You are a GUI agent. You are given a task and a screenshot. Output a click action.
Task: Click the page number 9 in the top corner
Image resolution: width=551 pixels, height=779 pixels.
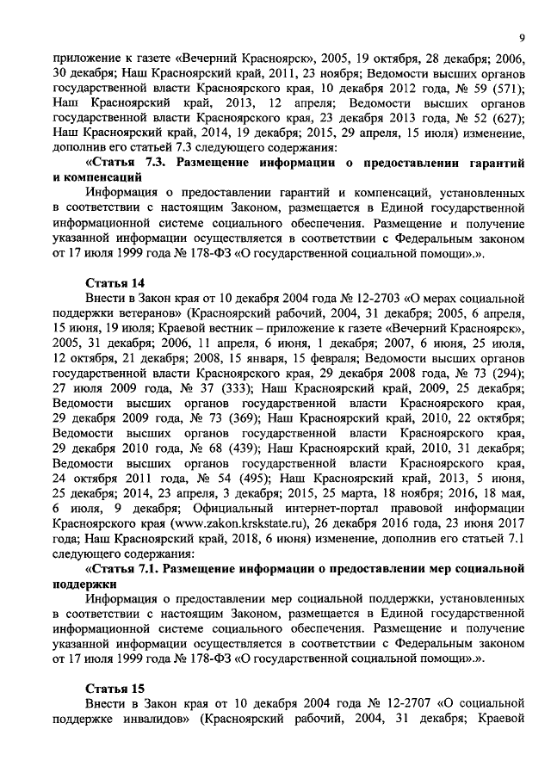[522, 36]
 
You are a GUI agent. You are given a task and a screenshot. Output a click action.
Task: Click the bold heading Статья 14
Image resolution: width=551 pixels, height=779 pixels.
[115, 283]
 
